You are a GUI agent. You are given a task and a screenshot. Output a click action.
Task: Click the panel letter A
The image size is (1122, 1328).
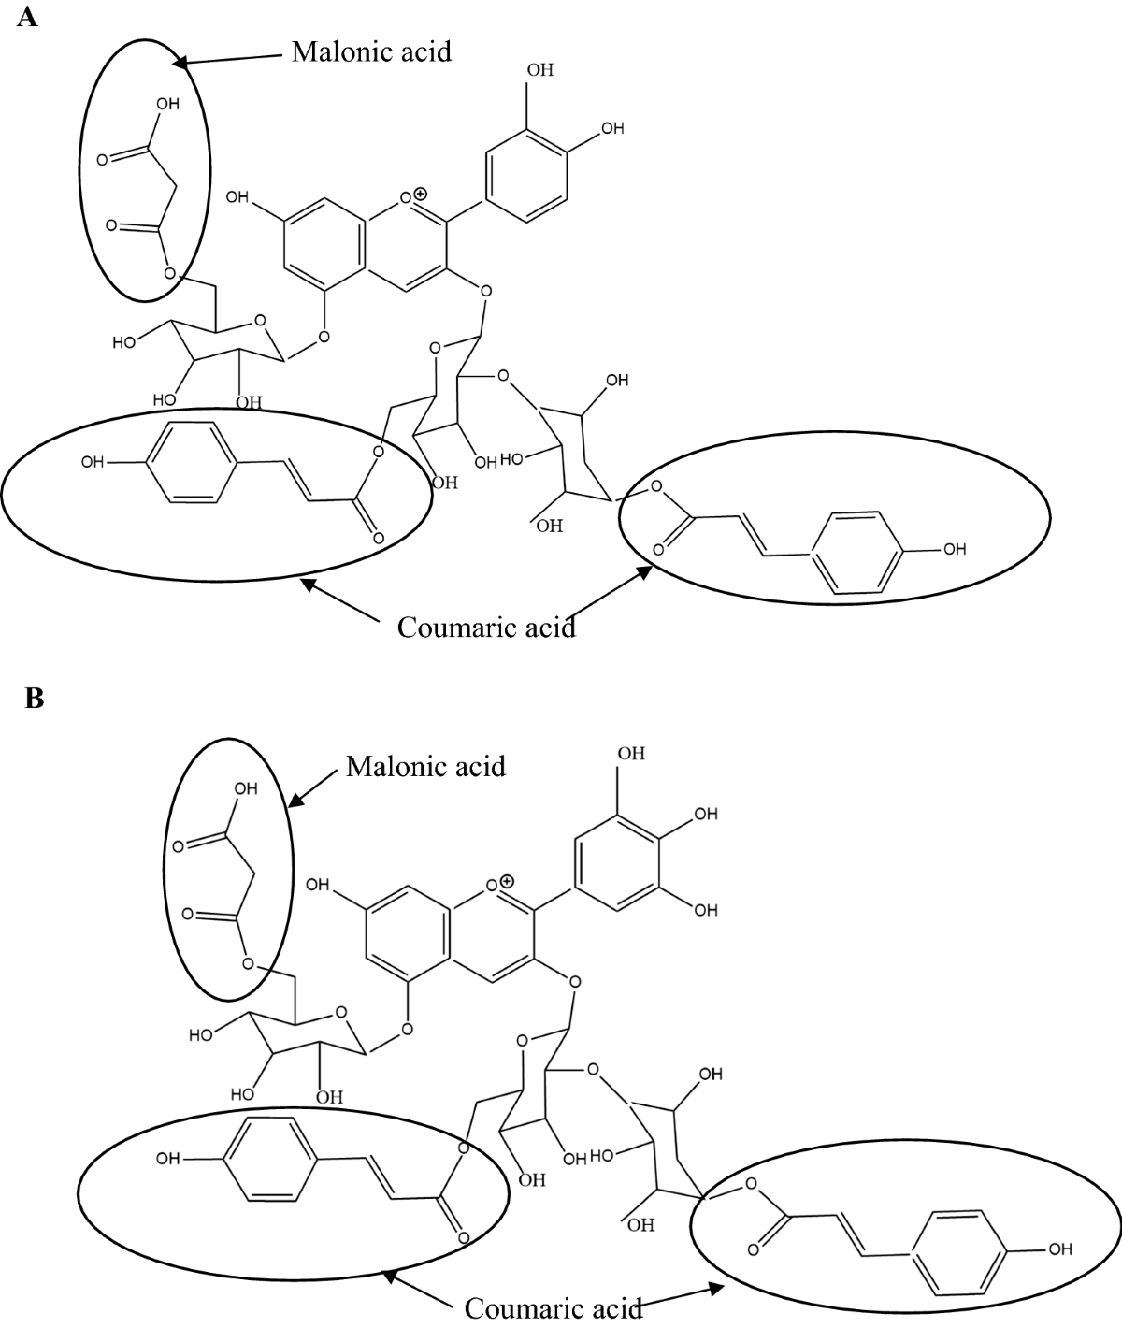(27, 18)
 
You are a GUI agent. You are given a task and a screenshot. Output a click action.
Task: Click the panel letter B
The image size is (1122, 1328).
(35, 698)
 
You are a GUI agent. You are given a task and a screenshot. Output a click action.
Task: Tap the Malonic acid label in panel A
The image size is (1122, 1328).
(371, 51)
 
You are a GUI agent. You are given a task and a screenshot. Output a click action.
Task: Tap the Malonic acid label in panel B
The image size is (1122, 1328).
(425, 766)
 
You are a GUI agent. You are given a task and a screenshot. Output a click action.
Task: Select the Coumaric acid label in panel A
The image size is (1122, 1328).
(486, 627)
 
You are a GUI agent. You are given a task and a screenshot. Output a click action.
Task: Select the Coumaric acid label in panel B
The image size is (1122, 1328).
(554, 1307)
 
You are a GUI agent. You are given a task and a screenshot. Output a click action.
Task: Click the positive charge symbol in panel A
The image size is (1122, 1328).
(421, 194)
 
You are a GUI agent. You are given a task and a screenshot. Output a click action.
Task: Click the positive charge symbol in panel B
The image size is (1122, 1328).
(507, 880)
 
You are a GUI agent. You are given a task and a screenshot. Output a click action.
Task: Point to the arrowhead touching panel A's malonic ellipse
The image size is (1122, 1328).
(180, 63)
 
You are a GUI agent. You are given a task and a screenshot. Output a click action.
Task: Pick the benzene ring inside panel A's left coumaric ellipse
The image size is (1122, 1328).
(187, 462)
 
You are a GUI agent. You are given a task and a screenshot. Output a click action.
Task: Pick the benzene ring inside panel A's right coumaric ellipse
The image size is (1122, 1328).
(855, 551)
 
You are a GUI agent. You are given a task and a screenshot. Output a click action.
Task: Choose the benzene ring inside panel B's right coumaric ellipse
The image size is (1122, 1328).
(959, 1248)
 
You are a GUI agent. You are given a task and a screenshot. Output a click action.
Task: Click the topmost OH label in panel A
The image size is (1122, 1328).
(540, 70)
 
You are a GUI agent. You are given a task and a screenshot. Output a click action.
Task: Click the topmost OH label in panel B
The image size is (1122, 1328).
(631, 753)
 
